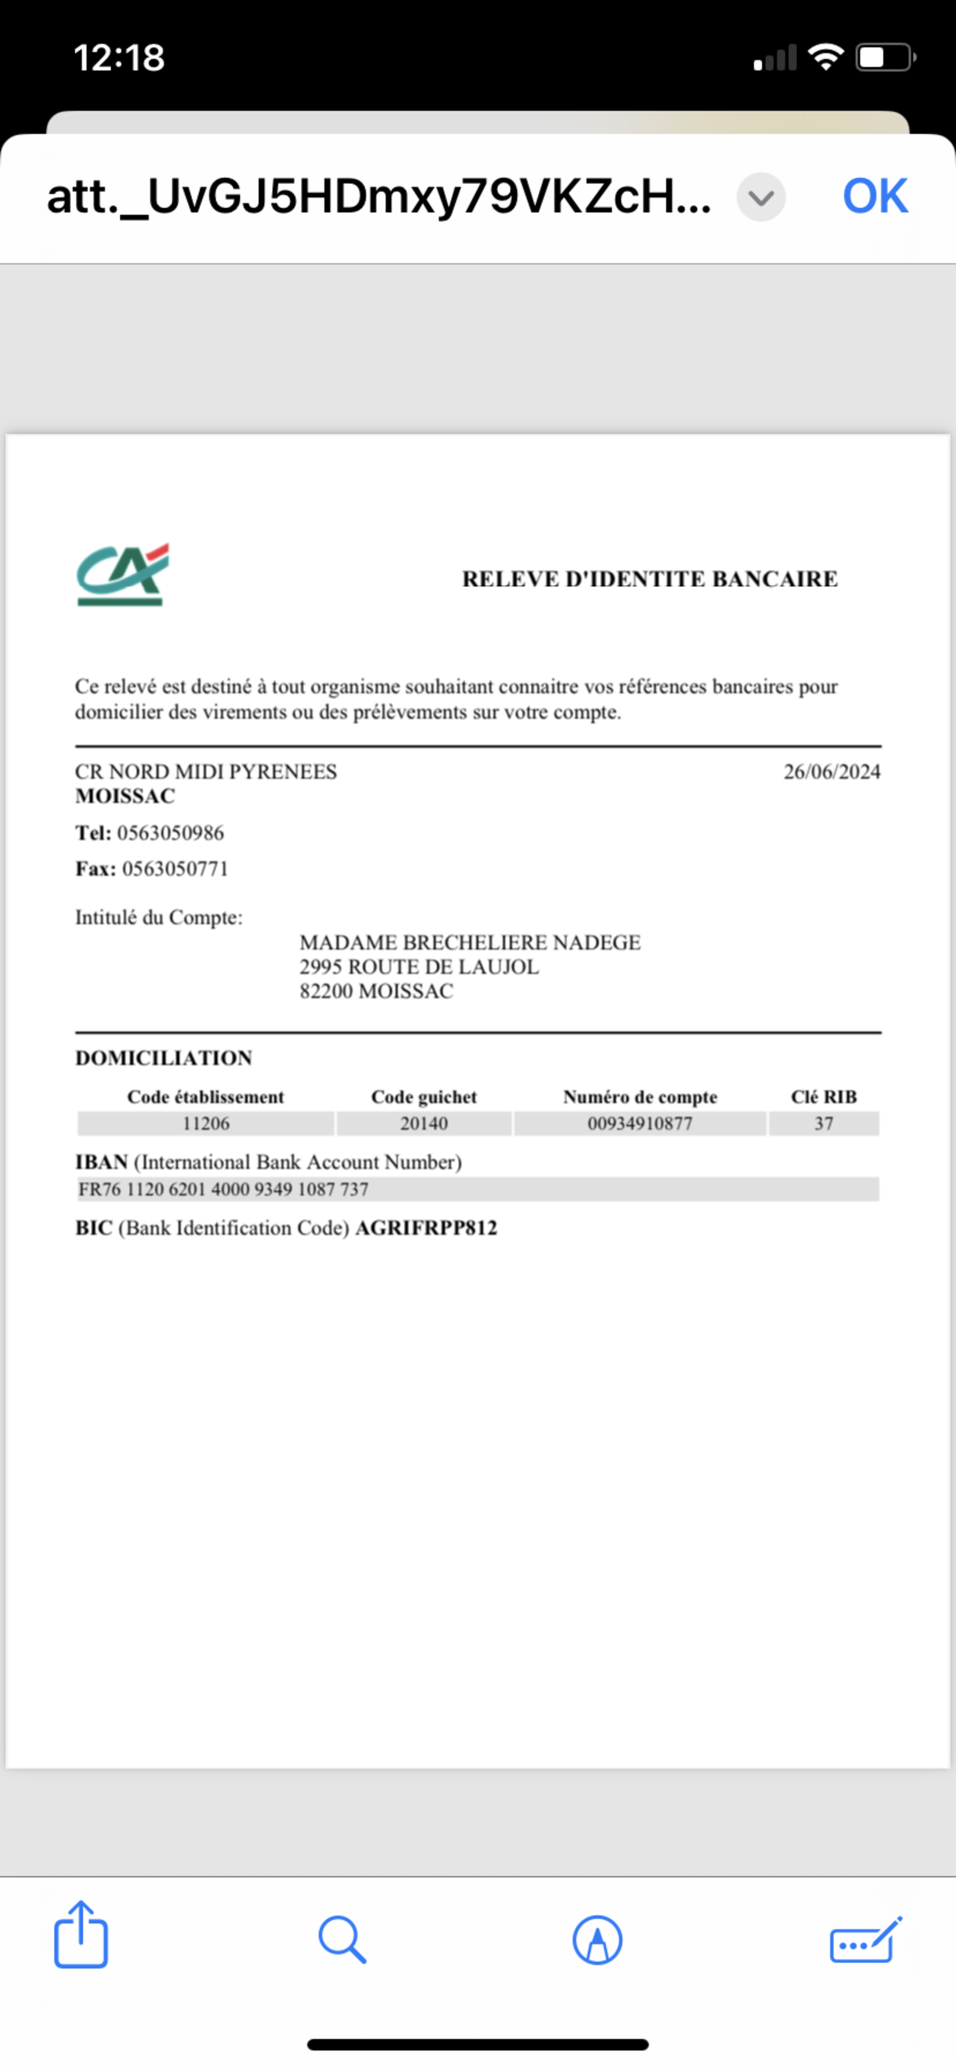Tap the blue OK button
point(875,196)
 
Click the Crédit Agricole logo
point(122,575)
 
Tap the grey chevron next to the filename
point(761,197)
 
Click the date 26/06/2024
point(831,772)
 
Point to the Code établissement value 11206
point(206,1124)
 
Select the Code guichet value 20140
point(424,1124)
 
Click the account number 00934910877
point(640,1124)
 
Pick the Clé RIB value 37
point(824,1124)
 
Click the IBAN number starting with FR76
point(223,1190)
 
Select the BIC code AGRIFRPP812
point(426,1228)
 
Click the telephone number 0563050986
point(170,833)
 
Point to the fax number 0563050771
point(175,869)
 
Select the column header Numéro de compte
point(640,1097)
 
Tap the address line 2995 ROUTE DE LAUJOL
point(419,967)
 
